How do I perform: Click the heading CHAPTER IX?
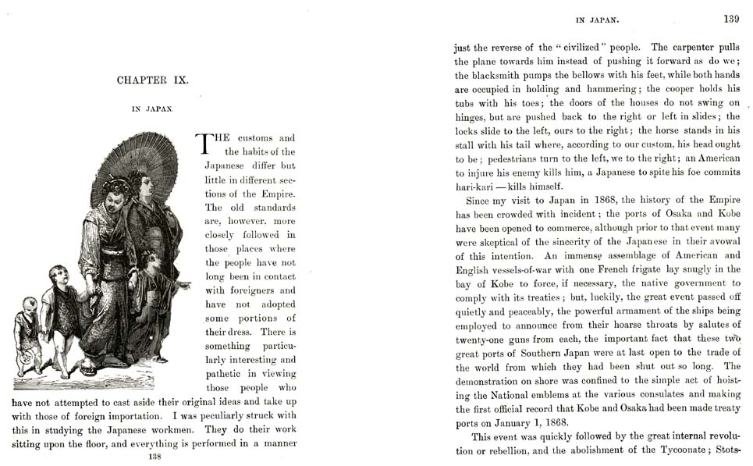click(x=152, y=80)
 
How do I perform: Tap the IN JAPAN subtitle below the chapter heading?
click(x=152, y=110)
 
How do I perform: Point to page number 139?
click(x=731, y=19)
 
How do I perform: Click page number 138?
click(x=155, y=457)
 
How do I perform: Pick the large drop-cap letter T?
click(x=204, y=144)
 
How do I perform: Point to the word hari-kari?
click(x=478, y=187)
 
